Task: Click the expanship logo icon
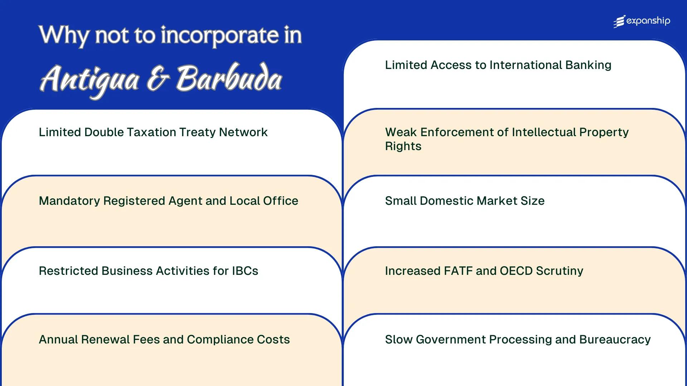(x=619, y=21)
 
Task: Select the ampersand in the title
(x=157, y=79)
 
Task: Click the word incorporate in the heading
(x=219, y=35)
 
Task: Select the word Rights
(x=403, y=146)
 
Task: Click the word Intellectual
(x=544, y=132)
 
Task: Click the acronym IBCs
(x=245, y=271)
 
